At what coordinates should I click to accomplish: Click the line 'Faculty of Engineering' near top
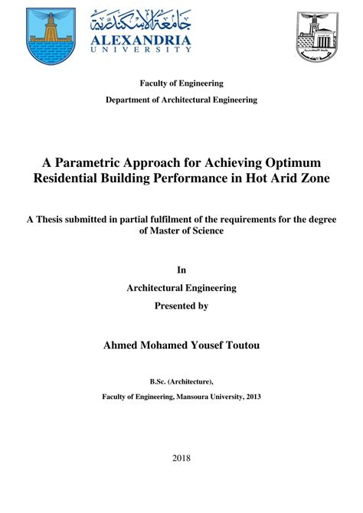[x=181, y=83]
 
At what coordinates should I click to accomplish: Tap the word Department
[x=133, y=100]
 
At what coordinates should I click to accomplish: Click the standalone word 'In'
[x=181, y=270]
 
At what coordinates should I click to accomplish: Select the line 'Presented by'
[x=181, y=306]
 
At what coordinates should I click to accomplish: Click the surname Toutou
[x=237, y=345]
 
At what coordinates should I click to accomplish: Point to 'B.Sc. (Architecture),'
[x=181, y=380]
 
